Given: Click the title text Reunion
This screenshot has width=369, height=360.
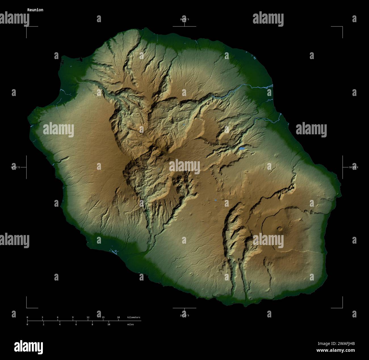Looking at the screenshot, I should pos(35,10).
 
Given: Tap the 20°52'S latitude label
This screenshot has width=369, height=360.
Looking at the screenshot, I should pos(184,19).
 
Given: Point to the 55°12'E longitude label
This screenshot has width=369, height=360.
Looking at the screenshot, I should pos(15,168).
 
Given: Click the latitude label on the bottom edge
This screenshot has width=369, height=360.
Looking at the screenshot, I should pos(184,315).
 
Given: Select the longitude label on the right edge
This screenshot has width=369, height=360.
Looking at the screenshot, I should pos(354,168).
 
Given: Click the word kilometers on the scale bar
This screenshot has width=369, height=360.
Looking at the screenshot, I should pos(134,317).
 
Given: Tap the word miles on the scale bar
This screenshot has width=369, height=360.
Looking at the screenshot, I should pos(131,324).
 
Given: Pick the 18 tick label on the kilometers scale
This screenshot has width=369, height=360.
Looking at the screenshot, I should pos(118,317).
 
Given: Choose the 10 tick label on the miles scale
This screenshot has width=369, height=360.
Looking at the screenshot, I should pos(108,324).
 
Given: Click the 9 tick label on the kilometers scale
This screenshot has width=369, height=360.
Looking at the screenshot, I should pos(73,317).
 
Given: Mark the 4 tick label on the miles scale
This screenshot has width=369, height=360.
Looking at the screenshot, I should pos(60,324).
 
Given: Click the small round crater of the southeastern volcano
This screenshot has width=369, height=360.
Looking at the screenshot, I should pos(280,229).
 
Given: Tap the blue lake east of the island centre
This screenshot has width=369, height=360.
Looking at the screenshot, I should pos(242,148).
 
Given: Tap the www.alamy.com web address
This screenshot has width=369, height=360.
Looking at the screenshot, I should pos(336,350).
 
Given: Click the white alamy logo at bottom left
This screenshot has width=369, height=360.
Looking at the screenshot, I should pos(28,347).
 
